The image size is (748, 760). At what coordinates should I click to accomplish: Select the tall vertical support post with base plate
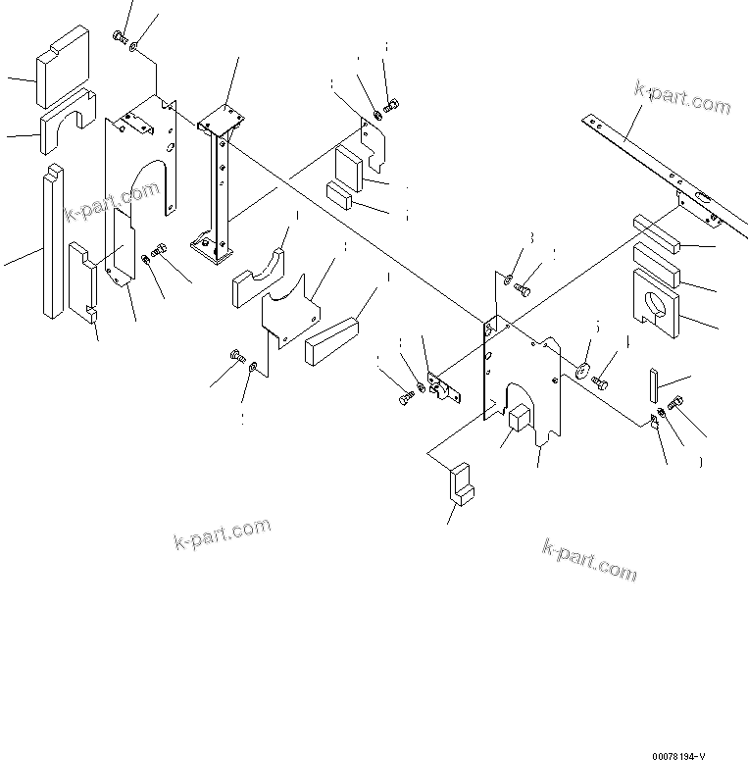click(219, 191)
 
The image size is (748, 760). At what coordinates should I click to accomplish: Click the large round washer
click(580, 370)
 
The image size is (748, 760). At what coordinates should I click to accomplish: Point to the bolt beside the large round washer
click(601, 380)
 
